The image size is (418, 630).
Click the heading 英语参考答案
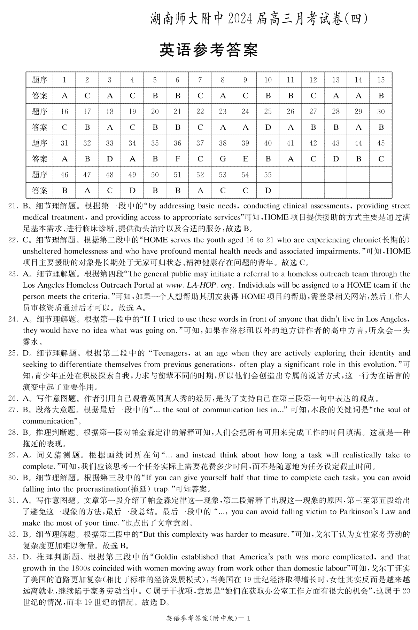(x=209, y=50)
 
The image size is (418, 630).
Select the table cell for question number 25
(x=268, y=112)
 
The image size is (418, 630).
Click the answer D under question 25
(x=268, y=128)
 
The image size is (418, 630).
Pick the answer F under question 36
(x=177, y=159)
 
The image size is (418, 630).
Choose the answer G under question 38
(x=223, y=159)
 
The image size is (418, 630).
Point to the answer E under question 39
(x=245, y=159)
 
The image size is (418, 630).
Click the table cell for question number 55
(x=268, y=175)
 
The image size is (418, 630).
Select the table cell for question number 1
(x=64, y=80)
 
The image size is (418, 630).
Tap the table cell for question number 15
(x=381, y=80)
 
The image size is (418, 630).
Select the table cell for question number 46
(x=64, y=175)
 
